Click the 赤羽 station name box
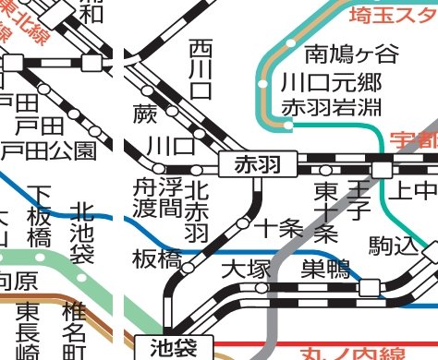coord(258,165)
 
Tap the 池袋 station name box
coord(173,347)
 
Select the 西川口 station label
coord(201,69)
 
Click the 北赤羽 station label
coord(196,210)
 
